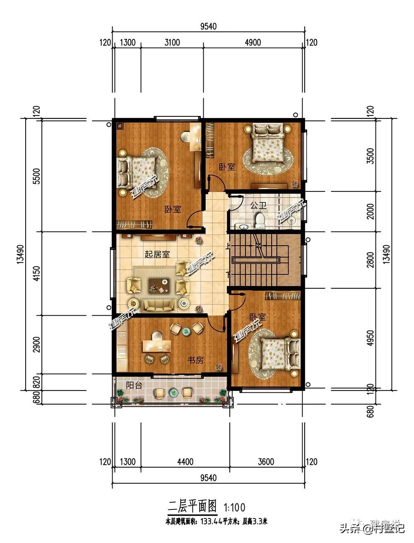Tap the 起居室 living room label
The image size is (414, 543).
click(x=157, y=254)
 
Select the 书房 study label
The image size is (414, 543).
click(x=196, y=360)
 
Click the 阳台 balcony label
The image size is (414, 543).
click(x=134, y=385)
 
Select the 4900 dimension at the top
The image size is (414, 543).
click(x=253, y=42)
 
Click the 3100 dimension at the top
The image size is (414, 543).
click(x=172, y=42)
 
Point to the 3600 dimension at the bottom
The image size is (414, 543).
click(x=266, y=461)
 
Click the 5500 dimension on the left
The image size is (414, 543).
click(x=36, y=176)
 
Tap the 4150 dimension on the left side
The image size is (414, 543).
click(x=36, y=273)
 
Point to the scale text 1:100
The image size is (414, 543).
click(x=234, y=507)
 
